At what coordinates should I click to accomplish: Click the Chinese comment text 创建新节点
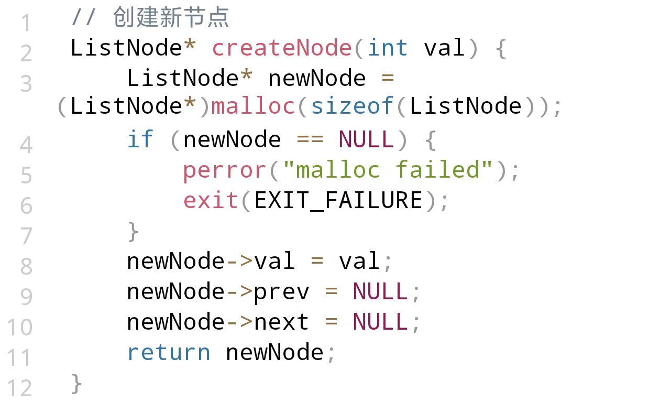171,18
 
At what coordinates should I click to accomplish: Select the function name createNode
282,48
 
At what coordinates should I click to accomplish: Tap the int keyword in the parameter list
388,48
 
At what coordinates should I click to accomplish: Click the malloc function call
253,106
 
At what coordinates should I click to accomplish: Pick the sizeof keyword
352,106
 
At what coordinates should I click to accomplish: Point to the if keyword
140,139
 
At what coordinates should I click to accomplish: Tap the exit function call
211,200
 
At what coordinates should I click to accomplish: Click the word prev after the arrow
281,291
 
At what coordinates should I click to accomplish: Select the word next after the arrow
281,322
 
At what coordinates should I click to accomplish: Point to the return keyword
169,352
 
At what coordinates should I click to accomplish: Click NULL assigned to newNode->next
380,322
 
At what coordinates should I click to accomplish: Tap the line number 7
26,236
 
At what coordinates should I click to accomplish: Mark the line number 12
20,388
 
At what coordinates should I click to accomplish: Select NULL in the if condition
366,139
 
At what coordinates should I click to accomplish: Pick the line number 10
20,328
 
